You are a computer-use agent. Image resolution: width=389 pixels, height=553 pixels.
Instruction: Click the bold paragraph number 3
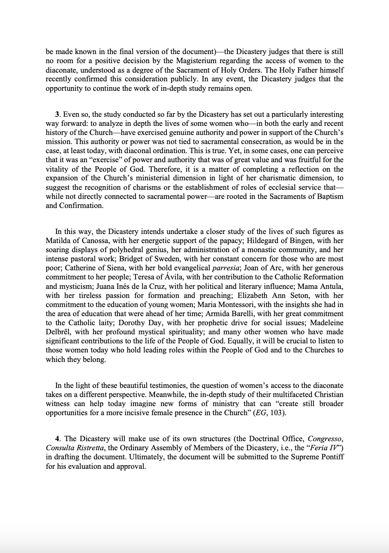click(57, 115)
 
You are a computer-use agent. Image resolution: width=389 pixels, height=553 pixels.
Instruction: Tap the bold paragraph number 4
click(57, 439)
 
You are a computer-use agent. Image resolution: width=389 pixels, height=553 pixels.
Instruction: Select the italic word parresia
click(223, 268)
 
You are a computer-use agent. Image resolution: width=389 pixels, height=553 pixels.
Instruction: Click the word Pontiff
click(330, 457)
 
